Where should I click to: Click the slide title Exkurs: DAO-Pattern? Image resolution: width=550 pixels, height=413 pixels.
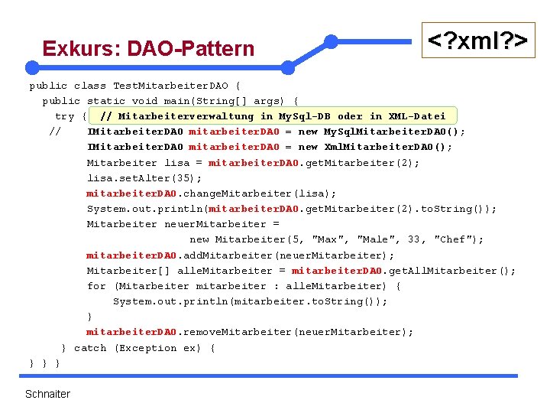(148, 49)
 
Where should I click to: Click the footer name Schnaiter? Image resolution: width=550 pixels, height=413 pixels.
(47, 394)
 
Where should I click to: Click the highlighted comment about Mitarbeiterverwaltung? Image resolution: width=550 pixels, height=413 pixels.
(272, 116)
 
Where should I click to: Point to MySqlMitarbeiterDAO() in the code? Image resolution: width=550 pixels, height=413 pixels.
(394, 132)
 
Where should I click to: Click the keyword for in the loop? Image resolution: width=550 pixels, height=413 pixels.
(96, 286)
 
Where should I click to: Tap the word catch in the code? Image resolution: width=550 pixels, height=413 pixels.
(90, 348)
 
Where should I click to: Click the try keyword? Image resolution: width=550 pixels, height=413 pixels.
(65, 116)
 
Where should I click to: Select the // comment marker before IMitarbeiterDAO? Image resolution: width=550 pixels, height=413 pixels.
(54, 132)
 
